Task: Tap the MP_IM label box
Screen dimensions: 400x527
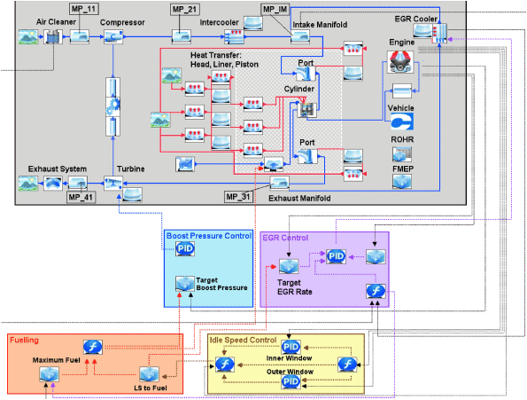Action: pos(275,9)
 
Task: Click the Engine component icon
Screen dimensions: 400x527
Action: pos(402,61)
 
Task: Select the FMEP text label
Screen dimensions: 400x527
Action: pos(403,165)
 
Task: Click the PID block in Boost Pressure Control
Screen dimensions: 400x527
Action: pos(186,249)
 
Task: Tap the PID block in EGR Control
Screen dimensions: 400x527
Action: pos(336,256)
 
